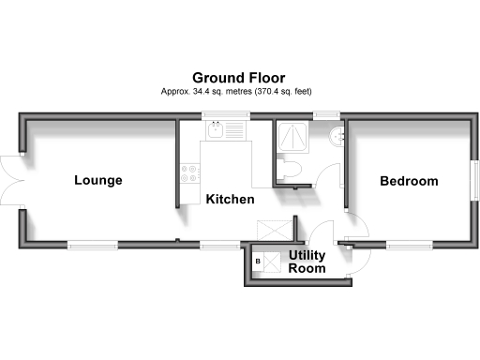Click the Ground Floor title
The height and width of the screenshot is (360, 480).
click(x=239, y=77)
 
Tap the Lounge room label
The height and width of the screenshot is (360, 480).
click(x=98, y=180)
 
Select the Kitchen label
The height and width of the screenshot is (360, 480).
click(x=231, y=200)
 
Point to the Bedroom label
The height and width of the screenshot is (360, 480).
click(x=408, y=181)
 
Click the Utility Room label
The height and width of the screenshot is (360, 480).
click(x=307, y=262)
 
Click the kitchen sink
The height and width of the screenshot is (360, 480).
click(x=222, y=131)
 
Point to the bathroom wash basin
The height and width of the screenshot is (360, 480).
click(x=337, y=136)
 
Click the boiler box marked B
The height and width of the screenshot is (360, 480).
click(x=257, y=262)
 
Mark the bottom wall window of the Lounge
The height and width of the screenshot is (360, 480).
click(x=92, y=246)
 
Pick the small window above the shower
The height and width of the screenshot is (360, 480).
click(x=326, y=116)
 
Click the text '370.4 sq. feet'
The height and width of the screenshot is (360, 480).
click(x=277, y=92)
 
